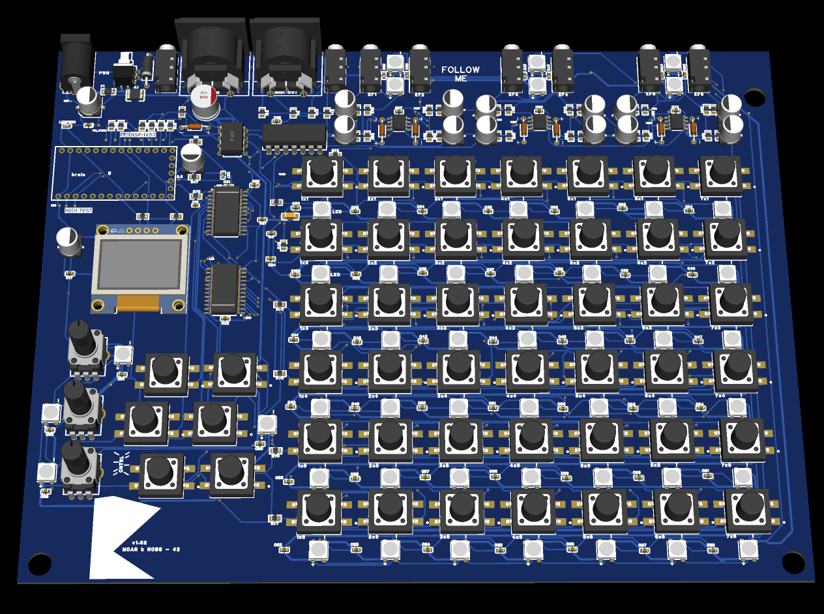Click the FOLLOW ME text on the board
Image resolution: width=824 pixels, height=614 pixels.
pos(460,74)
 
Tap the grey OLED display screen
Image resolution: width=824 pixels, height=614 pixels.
pos(138,264)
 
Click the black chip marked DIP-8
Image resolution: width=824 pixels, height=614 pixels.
pos(231,138)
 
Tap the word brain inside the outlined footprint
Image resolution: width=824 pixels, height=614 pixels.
pos(79,174)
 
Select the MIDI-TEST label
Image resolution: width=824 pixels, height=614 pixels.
pos(79,211)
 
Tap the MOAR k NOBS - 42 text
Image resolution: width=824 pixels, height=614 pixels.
pos(151,549)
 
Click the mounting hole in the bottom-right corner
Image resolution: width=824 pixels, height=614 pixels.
pos(793,561)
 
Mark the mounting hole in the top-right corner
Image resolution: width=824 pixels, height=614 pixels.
pos(754,98)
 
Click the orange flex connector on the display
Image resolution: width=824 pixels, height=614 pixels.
pos(138,302)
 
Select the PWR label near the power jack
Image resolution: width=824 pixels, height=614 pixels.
pos(104,73)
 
